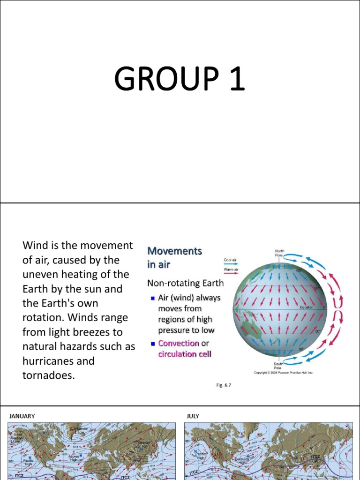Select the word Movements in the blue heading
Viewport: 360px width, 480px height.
174,251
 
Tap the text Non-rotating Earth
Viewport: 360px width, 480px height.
185,283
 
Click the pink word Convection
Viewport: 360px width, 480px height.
179,343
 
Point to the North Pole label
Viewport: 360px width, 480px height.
279,253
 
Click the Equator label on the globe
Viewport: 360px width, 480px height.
307,307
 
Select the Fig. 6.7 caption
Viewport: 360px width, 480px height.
224,385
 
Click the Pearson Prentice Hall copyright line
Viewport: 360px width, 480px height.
283,373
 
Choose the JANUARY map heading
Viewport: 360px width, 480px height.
22,416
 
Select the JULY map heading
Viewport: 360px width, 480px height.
193,416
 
